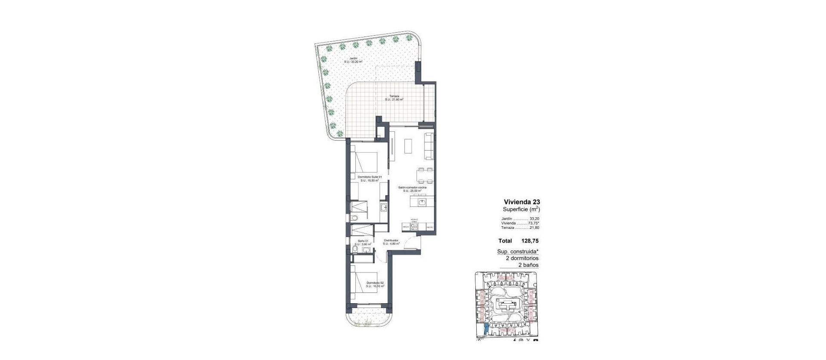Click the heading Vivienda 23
coord(521,202)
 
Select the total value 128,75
coord(530,241)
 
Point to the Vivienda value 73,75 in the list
coord(533,223)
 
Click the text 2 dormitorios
coord(522,258)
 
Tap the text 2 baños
coord(528,265)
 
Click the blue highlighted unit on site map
coord(486,329)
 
